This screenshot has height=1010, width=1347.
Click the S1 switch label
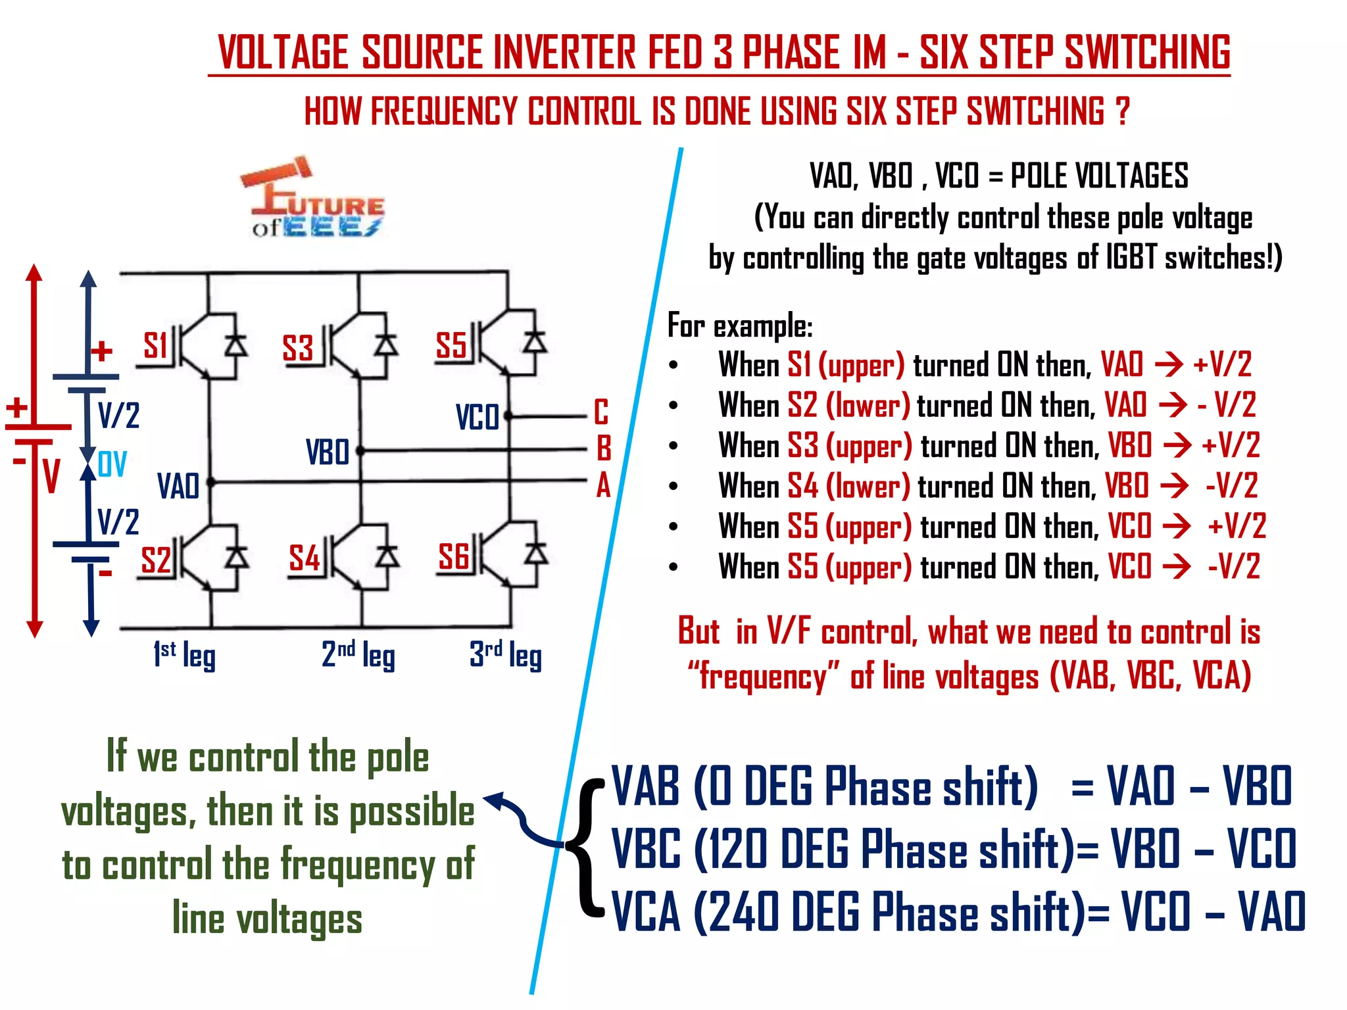pos(156,345)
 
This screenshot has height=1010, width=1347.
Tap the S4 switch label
pos(305,558)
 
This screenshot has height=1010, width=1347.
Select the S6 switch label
pos(454,557)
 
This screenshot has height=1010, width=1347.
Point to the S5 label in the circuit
pos(451,345)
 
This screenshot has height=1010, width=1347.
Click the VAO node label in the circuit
pos(178,487)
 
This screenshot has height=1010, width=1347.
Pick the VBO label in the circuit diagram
pos(327,452)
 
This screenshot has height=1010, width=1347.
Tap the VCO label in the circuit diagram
pos(477,418)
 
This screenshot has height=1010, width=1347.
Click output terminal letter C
pos(601,412)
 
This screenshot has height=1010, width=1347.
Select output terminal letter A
pos(603,487)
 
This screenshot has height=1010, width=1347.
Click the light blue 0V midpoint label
pos(112,465)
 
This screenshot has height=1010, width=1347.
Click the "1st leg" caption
pos(184,655)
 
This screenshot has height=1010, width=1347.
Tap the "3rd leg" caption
pos(505,655)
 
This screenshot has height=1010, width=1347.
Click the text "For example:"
pos(740,326)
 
